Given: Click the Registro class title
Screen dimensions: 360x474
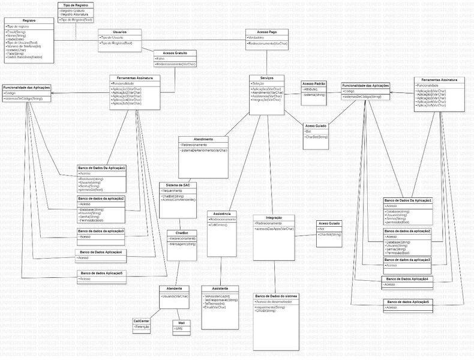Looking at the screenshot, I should click(28, 20).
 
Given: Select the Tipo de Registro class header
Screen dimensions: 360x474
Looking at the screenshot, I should click(76, 5).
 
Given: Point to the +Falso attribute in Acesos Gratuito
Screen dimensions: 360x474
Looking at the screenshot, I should click(161, 58).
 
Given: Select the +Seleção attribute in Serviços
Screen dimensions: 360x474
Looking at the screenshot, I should click(259, 83).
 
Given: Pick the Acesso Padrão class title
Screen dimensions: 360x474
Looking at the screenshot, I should click(314, 83).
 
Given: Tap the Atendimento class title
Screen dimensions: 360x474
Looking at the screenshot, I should click(203, 139).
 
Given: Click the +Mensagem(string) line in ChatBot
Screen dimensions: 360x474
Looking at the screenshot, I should click(183, 244).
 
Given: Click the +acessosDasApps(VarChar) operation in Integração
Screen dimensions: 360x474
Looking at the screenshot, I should click(275, 229).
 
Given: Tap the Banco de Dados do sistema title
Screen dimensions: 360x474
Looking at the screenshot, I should click(276, 296).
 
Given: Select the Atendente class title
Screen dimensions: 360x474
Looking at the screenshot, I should click(175, 288).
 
